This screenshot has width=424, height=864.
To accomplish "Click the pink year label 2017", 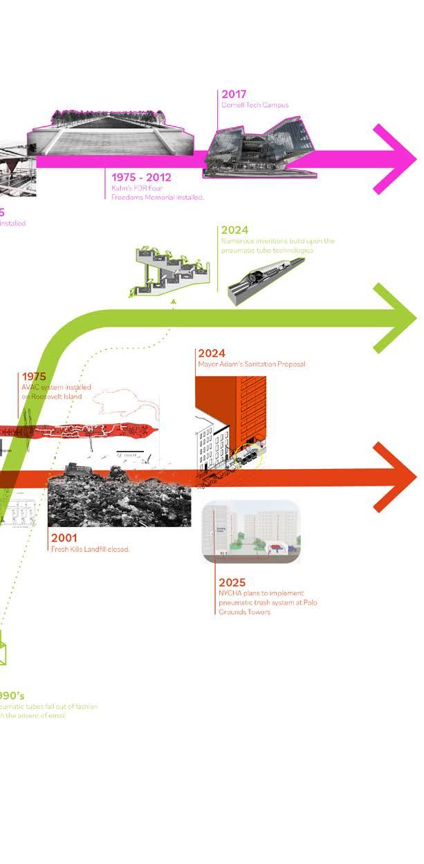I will pyautogui.click(x=234, y=94).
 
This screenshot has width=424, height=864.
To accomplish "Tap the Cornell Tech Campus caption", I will pyautogui.click(x=255, y=105).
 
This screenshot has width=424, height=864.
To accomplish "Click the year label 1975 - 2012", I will pyautogui.click(x=141, y=177).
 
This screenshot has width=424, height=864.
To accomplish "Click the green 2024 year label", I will pyautogui.click(x=234, y=230).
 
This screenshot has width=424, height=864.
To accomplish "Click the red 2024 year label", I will pyautogui.click(x=211, y=353).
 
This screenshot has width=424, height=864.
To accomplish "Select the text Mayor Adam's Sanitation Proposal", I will pyautogui.click(x=251, y=364).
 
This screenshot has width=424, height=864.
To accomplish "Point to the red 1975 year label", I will pyautogui.click(x=33, y=377).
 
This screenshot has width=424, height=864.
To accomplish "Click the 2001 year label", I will pyautogui.click(x=64, y=537).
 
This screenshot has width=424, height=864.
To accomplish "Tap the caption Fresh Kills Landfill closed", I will pyautogui.click(x=91, y=549).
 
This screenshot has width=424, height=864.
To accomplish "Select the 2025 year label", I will pyautogui.click(x=232, y=582).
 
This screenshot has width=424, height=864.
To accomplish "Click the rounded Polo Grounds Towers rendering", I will pyautogui.click(x=252, y=531).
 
